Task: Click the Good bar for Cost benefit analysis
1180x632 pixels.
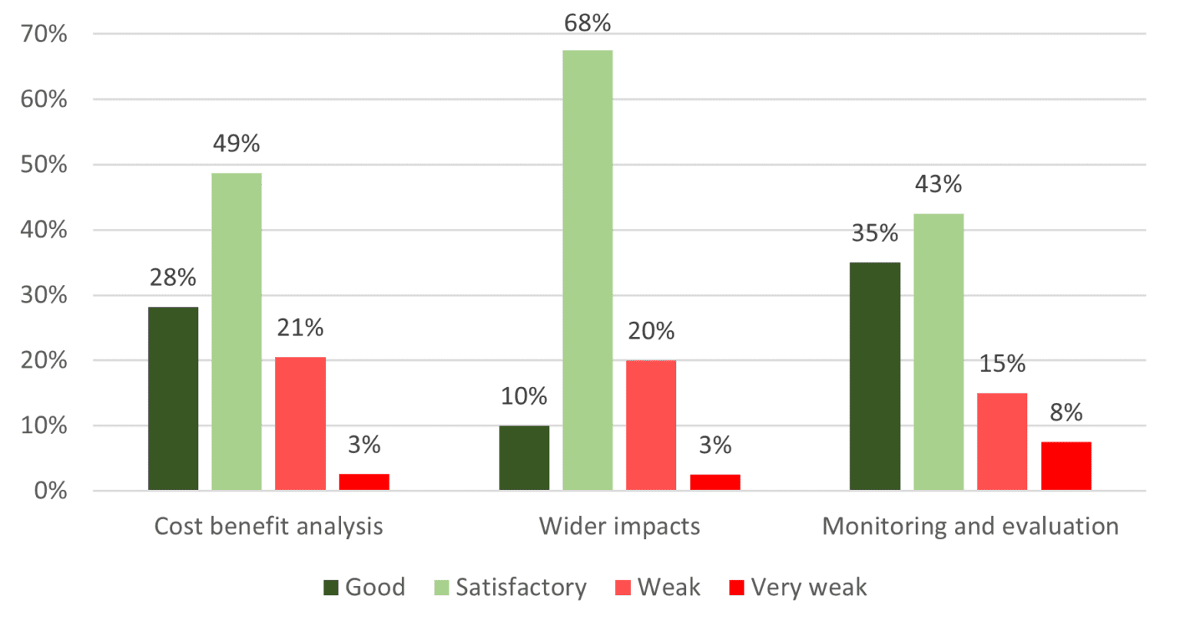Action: point(173,399)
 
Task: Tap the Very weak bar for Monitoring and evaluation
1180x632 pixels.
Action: point(1066,466)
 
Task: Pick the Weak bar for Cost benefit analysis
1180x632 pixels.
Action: point(300,424)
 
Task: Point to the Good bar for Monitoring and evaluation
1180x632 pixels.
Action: point(875,376)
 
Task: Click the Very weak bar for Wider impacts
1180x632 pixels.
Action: point(715,482)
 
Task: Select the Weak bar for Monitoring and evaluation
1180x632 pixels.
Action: point(1002,442)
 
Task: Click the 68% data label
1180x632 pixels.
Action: point(588,24)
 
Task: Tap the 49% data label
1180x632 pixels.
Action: point(237,144)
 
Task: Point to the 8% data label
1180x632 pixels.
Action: point(1066,412)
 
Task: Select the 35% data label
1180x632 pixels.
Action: point(875,233)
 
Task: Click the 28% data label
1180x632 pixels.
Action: point(173,277)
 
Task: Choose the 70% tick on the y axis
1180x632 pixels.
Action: point(44,34)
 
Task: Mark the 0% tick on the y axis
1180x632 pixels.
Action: point(51,491)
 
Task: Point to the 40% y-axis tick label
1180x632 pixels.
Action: point(44,230)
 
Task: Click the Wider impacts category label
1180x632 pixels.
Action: point(619,526)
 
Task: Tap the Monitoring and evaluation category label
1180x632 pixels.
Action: point(970,526)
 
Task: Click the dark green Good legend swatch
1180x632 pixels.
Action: point(331,588)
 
